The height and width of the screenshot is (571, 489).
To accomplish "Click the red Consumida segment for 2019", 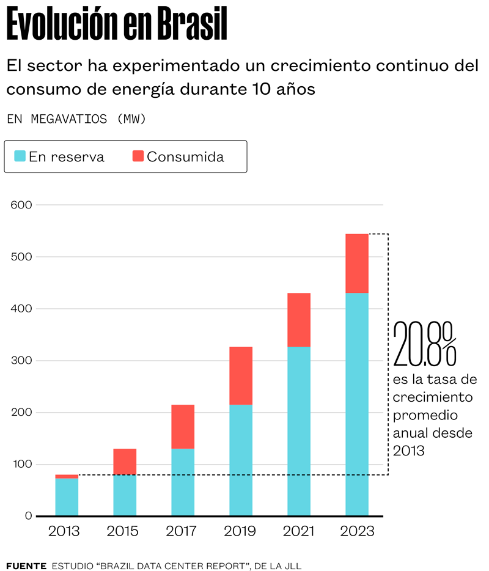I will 241,375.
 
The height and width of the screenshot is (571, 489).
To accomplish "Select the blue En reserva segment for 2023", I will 357,404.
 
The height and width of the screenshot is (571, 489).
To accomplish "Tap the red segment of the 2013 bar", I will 67,476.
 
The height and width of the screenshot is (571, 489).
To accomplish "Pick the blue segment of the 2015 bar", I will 125,495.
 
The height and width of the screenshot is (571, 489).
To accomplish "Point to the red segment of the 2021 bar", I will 299,320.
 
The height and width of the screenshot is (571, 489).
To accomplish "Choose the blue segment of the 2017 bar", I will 183,482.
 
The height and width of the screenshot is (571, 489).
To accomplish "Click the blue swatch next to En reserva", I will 20,156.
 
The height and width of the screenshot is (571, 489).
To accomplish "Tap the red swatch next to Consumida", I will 138,156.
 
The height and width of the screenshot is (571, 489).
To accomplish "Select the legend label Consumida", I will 185,157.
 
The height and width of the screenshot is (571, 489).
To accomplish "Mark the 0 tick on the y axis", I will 28,516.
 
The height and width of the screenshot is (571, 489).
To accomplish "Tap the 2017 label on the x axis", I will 182,531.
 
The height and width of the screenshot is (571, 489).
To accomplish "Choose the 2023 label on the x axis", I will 357,531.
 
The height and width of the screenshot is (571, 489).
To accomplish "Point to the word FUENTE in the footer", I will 26,566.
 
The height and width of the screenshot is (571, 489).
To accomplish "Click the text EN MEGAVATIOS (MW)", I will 76,119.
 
